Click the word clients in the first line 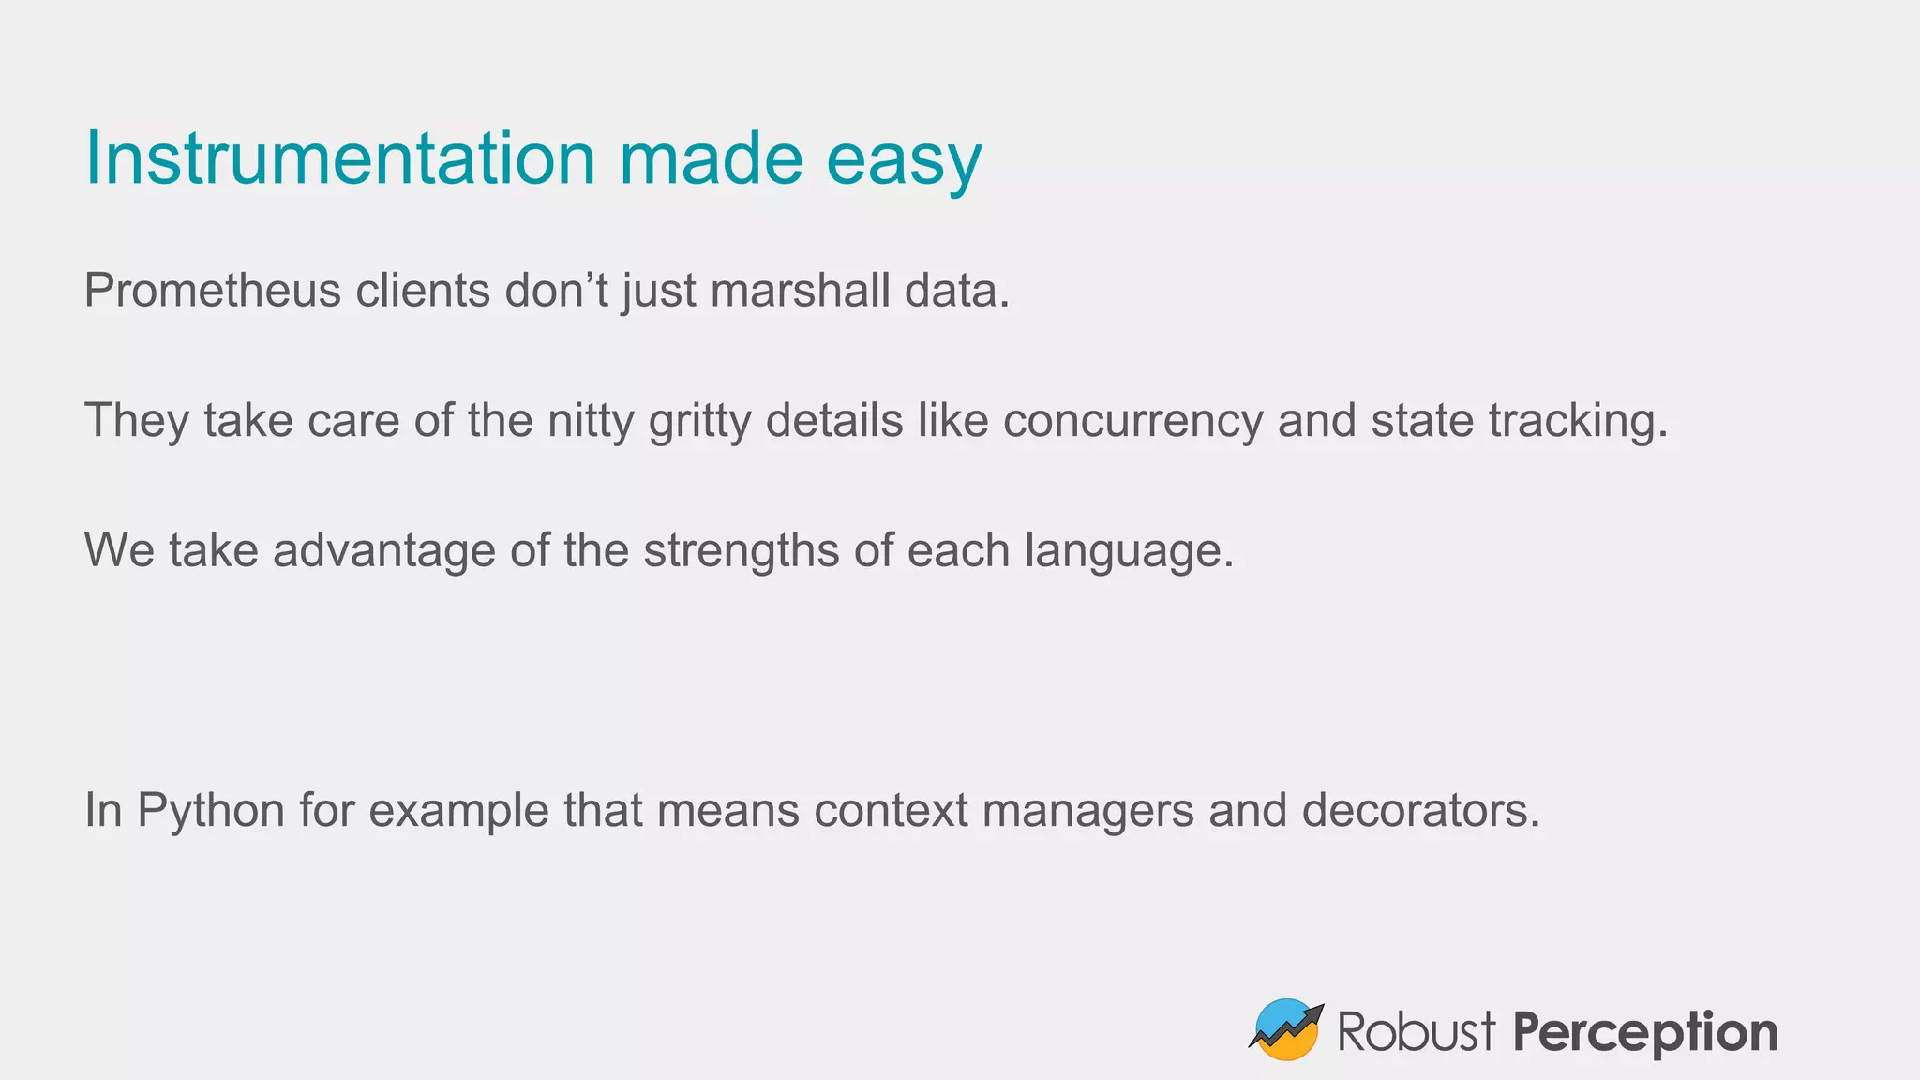click(x=423, y=291)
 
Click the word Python click(x=211, y=811)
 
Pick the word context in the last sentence click(x=891, y=811)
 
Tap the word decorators click(x=1420, y=811)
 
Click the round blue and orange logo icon click(x=1286, y=1029)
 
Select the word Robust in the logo click(x=1416, y=1032)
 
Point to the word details click(x=834, y=421)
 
